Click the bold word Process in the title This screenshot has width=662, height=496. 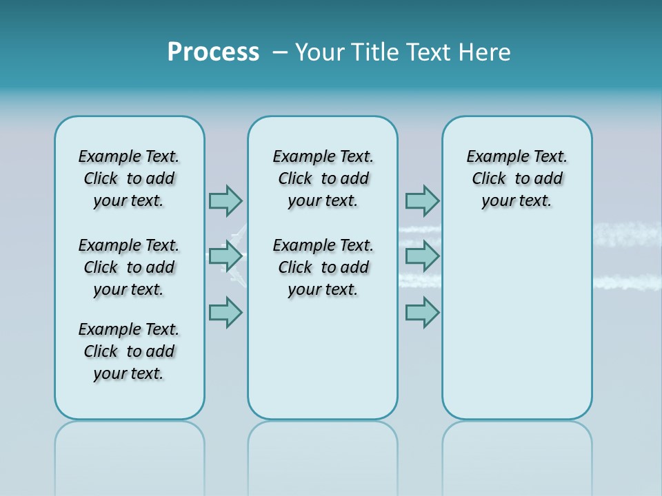click(x=213, y=52)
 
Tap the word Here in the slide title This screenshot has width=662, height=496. click(x=486, y=52)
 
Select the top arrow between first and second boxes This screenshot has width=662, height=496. click(x=225, y=200)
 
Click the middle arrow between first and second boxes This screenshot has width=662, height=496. click(x=225, y=257)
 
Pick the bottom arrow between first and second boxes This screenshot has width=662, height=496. click(x=225, y=313)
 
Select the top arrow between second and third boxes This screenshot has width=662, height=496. click(x=422, y=200)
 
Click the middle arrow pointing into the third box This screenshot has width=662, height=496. click(x=422, y=257)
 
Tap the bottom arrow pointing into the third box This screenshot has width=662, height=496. click(x=422, y=313)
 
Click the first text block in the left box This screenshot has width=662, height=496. click(x=129, y=178)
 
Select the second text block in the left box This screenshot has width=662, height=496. click(x=129, y=267)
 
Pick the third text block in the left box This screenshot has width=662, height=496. click(x=129, y=351)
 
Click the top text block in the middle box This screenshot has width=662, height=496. click(x=323, y=178)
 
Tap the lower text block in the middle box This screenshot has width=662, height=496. click(x=323, y=267)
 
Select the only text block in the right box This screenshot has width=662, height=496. click(x=516, y=178)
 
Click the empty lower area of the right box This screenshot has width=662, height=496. click(x=516, y=331)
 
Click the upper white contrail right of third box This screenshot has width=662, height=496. click(x=628, y=235)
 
